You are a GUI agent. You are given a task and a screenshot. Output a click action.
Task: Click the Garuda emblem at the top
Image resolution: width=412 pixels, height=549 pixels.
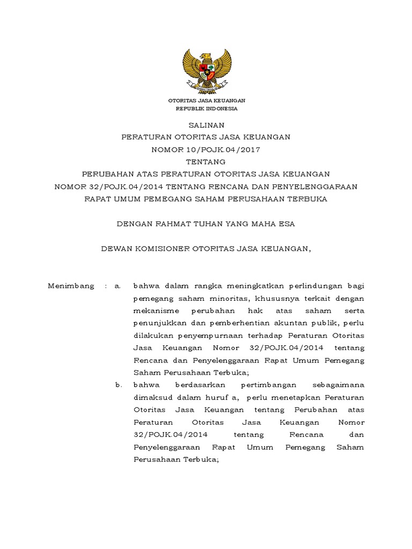click(x=207, y=70)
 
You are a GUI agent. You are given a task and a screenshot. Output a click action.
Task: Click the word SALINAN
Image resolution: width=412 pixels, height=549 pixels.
click(x=206, y=125)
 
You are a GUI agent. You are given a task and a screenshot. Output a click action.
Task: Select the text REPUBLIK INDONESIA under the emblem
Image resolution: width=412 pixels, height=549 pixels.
click(x=207, y=108)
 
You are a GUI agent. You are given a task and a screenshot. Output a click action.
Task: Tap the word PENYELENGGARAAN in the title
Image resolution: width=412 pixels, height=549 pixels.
click(x=308, y=187)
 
